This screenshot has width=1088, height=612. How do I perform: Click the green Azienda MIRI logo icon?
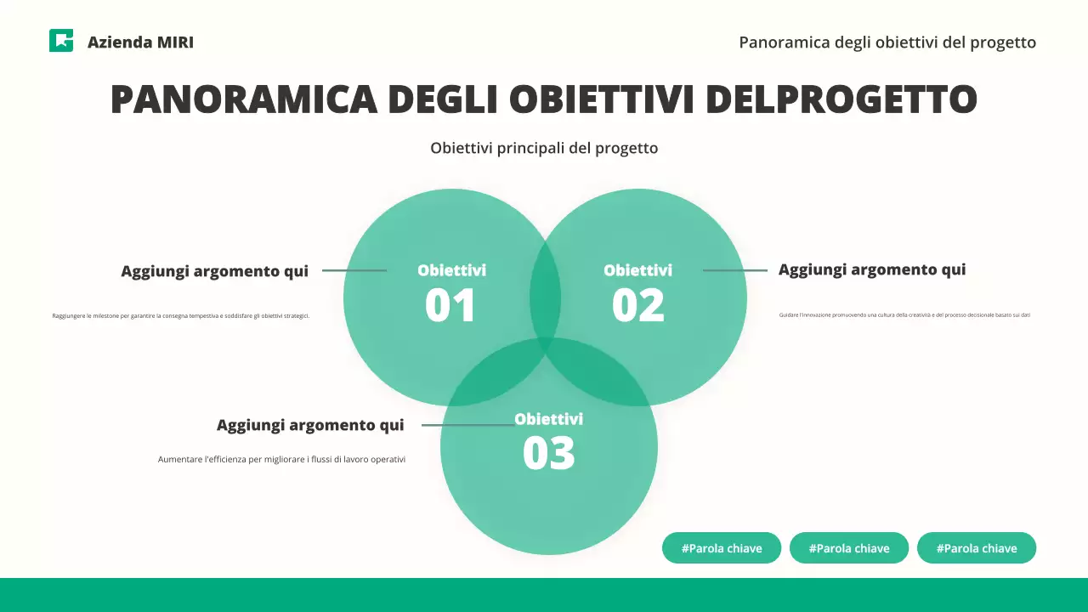click(x=61, y=41)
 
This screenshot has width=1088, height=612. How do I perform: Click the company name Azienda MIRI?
click(x=140, y=42)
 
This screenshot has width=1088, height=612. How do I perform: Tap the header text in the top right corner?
click(x=887, y=42)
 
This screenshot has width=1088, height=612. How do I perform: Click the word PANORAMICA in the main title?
click(x=243, y=99)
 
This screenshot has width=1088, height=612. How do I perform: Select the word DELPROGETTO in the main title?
click(x=841, y=99)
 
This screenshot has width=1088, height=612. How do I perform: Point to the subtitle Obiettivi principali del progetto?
click(x=544, y=148)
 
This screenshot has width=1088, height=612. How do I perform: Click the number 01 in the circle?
click(x=450, y=306)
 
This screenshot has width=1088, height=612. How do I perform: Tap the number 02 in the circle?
click(x=637, y=306)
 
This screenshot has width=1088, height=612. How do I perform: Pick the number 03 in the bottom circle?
click(x=548, y=453)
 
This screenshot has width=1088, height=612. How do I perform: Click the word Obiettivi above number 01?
click(x=451, y=270)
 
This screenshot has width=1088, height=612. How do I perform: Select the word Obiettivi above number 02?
click(x=637, y=270)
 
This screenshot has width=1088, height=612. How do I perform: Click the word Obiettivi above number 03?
click(x=548, y=419)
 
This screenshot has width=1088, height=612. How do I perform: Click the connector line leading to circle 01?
click(x=354, y=270)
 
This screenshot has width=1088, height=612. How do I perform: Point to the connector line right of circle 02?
click(x=734, y=270)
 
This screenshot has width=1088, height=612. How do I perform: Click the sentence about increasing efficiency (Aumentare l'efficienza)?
click(x=281, y=460)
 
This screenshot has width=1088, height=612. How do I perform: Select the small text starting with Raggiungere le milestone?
click(x=181, y=316)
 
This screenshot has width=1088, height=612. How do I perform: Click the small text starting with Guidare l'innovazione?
click(x=904, y=315)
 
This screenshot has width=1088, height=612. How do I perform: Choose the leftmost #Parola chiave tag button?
click(x=722, y=548)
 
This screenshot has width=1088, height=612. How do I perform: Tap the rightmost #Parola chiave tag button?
click(x=977, y=548)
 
